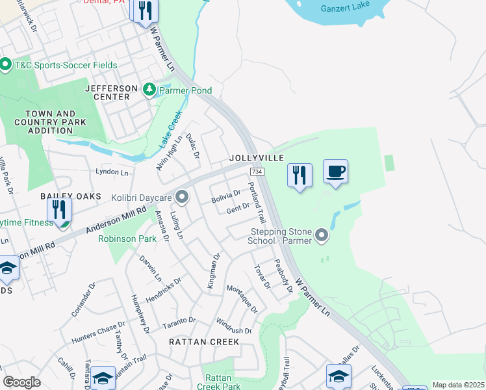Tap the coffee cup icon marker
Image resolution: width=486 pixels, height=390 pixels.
(x=335, y=172)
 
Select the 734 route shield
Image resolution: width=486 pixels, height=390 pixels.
(x=255, y=170)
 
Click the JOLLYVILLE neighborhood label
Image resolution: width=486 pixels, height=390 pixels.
(x=256, y=159)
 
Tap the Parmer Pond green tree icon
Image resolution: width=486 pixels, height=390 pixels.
(x=150, y=88)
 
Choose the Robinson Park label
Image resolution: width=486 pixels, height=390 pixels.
(x=127, y=239)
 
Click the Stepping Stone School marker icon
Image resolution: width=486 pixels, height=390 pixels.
(x=322, y=235)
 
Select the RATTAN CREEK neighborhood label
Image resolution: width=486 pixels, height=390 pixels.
(x=204, y=341)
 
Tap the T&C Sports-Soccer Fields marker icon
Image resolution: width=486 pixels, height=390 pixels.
(x=6, y=65)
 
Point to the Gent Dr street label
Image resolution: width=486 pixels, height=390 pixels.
(x=238, y=208)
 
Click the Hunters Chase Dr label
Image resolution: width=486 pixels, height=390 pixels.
(x=98, y=330)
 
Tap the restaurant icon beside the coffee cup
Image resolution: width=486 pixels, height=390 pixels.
(x=300, y=175)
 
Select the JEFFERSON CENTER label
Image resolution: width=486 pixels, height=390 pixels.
(x=111, y=92)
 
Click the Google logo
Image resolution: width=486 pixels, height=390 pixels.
(x=21, y=382)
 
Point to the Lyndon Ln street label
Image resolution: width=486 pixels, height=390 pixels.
(x=112, y=172)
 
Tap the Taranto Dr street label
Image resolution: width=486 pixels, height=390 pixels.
(x=179, y=321)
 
